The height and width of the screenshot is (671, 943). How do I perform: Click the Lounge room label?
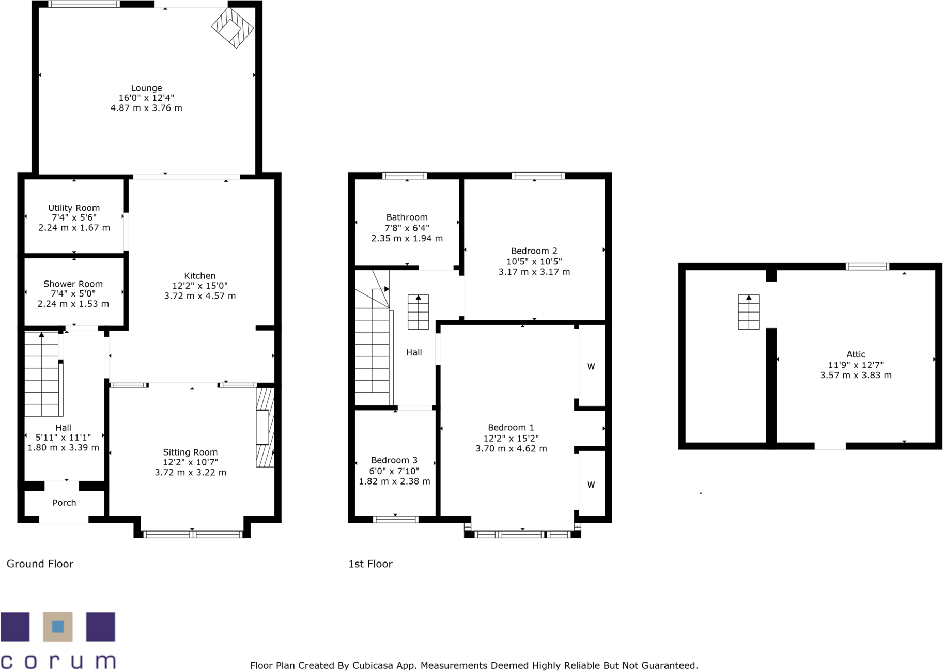(x=146, y=88)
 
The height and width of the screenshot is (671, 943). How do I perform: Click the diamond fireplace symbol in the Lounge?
(x=233, y=27)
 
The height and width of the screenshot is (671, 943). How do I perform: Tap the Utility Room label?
(x=74, y=208)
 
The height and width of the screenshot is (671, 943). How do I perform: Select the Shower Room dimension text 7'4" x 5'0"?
(x=73, y=293)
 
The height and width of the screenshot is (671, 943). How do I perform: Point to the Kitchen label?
(x=200, y=276)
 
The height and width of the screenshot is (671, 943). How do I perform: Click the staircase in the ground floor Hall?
(x=42, y=374)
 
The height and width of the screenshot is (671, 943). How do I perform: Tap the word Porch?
(x=64, y=503)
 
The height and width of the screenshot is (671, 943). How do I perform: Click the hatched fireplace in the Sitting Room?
(x=265, y=428)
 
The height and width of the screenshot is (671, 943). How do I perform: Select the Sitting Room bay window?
(x=192, y=535)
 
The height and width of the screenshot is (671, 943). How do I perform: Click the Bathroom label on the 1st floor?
(x=407, y=217)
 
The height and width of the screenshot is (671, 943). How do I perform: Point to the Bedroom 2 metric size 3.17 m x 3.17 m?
(x=534, y=272)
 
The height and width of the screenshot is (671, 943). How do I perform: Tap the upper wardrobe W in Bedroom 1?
(x=591, y=367)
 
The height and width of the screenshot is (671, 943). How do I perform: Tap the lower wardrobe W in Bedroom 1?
(x=591, y=485)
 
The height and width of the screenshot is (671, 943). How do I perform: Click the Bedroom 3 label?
(x=394, y=460)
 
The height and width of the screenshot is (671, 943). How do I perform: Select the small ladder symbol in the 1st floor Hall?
(x=418, y=312)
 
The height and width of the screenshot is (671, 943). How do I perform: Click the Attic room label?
(x=856, y=354)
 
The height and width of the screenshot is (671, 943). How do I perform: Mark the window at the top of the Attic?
(x=867, y=267)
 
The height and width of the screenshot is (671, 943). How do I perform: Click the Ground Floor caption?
(x=40, y=564)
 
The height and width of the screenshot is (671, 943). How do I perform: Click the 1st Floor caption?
(x=370, y=564)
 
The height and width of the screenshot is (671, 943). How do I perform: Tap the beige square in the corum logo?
(x=57, y=627)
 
